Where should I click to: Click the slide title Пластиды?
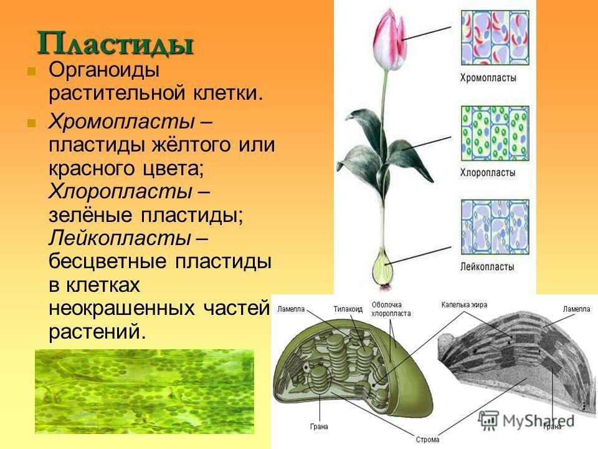(x=115, y=43)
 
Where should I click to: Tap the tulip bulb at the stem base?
(x=382, y=268)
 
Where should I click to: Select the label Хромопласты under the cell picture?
(x=488, y=78)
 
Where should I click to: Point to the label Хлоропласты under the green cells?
(x=488, y=173)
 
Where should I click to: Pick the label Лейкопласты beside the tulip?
(x=487, y=266)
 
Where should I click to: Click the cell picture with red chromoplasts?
(x=495, y=37)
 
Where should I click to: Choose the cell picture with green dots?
(x=495, y=133)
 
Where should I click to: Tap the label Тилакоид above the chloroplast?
(x=348, y=309)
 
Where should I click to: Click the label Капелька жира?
(x=464, y=305)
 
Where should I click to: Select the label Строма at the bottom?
(x=427, y=440)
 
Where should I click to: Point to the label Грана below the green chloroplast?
(x=319, y=427)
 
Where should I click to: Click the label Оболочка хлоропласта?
(x=391, y=309)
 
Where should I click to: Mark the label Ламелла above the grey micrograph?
(x=576, y=309)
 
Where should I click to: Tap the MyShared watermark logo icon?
(x=488, y=420)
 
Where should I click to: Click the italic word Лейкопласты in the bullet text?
(x=120, y=238)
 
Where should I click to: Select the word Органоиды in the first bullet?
(x=104, y=70)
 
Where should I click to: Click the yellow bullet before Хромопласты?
(x=32, y=123)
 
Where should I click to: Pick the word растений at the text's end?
(x=97, y=332)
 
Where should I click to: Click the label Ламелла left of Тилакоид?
(x=291, y=309)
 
